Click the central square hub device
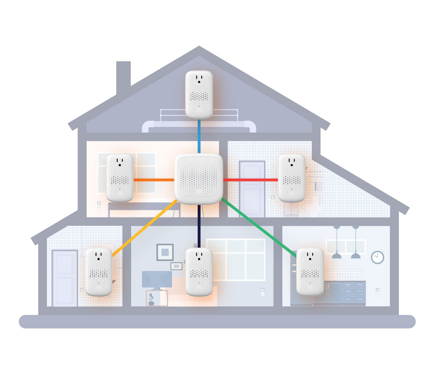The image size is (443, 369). [198, 179]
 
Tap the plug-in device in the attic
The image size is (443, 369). [199, 95]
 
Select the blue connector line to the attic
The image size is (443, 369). [199, 136]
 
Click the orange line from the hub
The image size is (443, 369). [154, 180]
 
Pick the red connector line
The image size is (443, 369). [250, 180]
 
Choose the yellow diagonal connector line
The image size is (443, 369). [144, 228]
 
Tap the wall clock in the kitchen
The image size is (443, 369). [377, 257]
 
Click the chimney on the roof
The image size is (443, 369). [123, 77]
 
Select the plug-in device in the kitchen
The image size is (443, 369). [310, 272]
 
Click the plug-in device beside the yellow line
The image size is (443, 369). [98, 272]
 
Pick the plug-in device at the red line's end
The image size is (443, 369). [292, 178]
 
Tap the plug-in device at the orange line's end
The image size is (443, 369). [120, 178]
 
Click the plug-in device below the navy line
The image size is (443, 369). [199, 272]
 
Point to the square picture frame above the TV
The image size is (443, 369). [165, 252]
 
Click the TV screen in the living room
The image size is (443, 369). [156, 279]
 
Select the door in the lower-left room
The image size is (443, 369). [65, 278]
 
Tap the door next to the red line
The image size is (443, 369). [252, 189]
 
